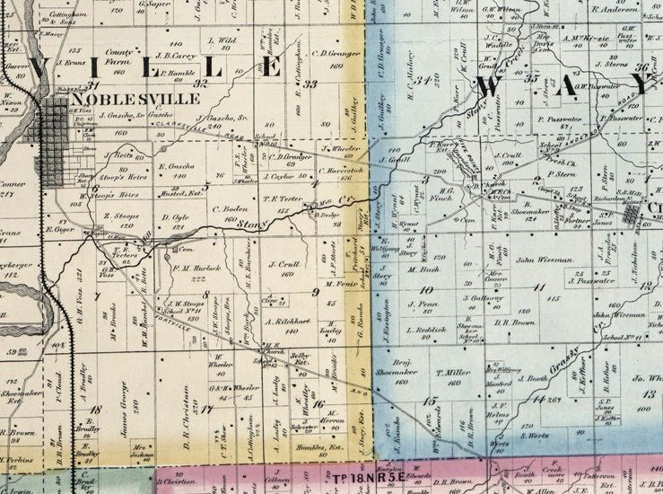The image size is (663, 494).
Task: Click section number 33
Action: click(311, 84)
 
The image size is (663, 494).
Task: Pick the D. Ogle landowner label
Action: click(175, 216)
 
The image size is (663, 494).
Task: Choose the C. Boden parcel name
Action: click(230, 209)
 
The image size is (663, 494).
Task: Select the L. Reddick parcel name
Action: click(425, 330)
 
